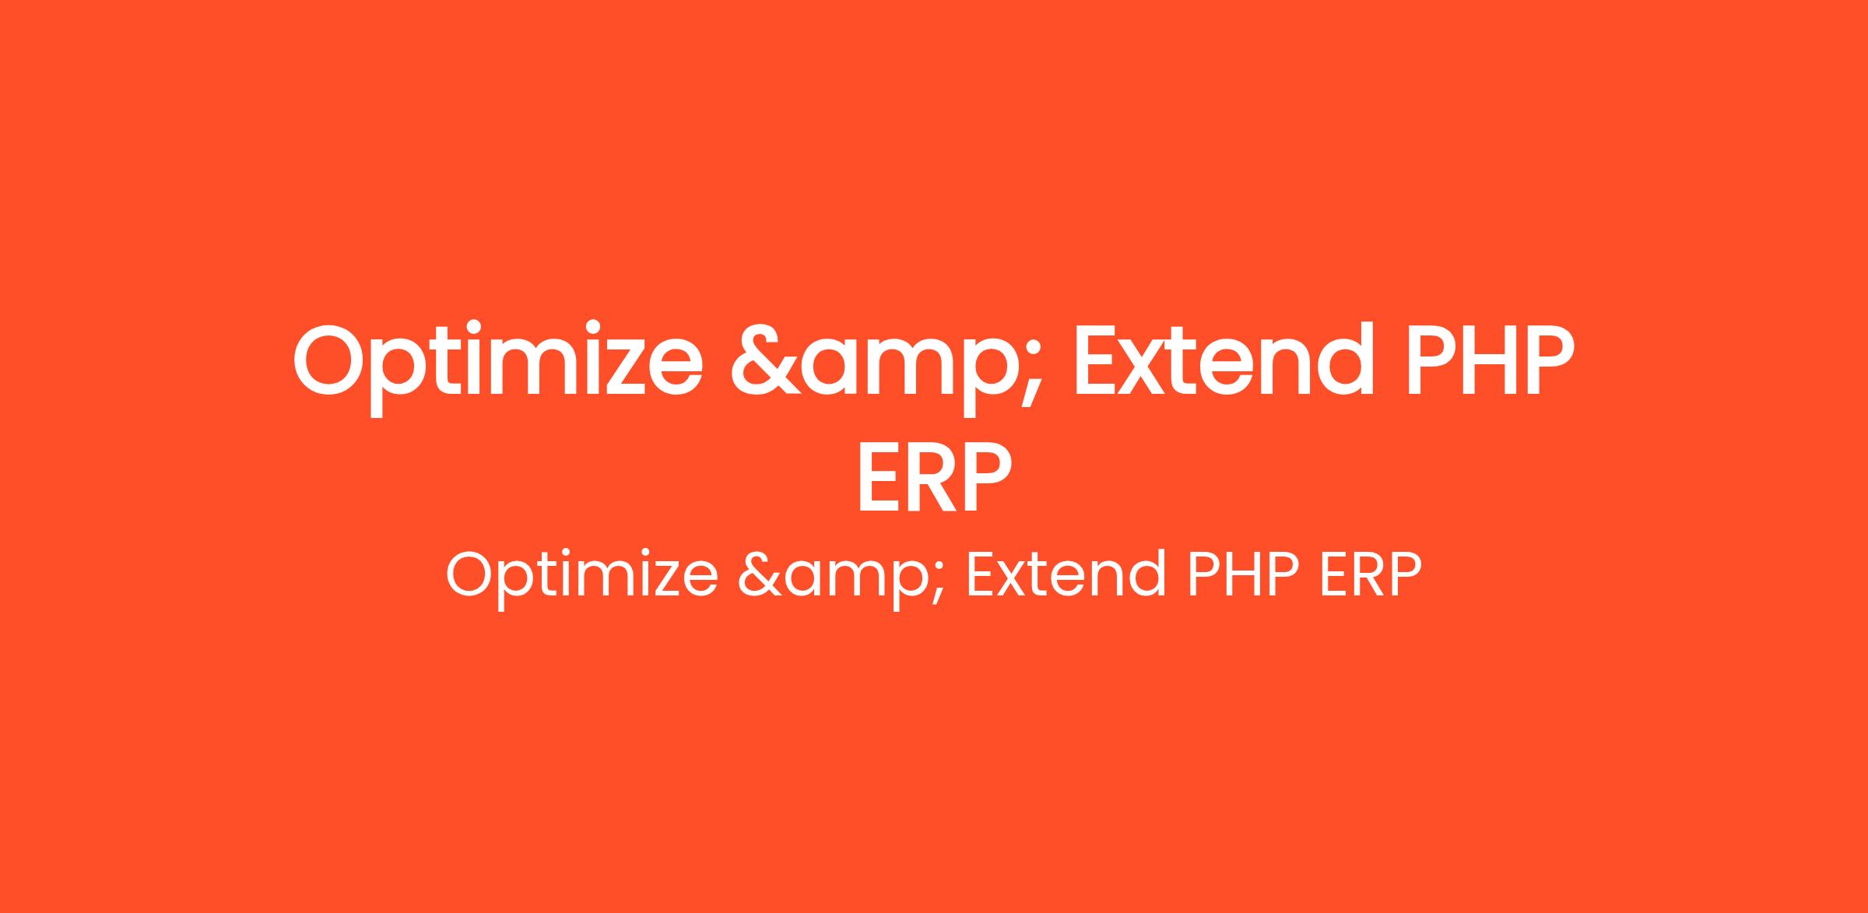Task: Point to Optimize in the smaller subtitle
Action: [x=581, y=577]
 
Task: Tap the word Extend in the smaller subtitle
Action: [x=1066, y=574]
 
